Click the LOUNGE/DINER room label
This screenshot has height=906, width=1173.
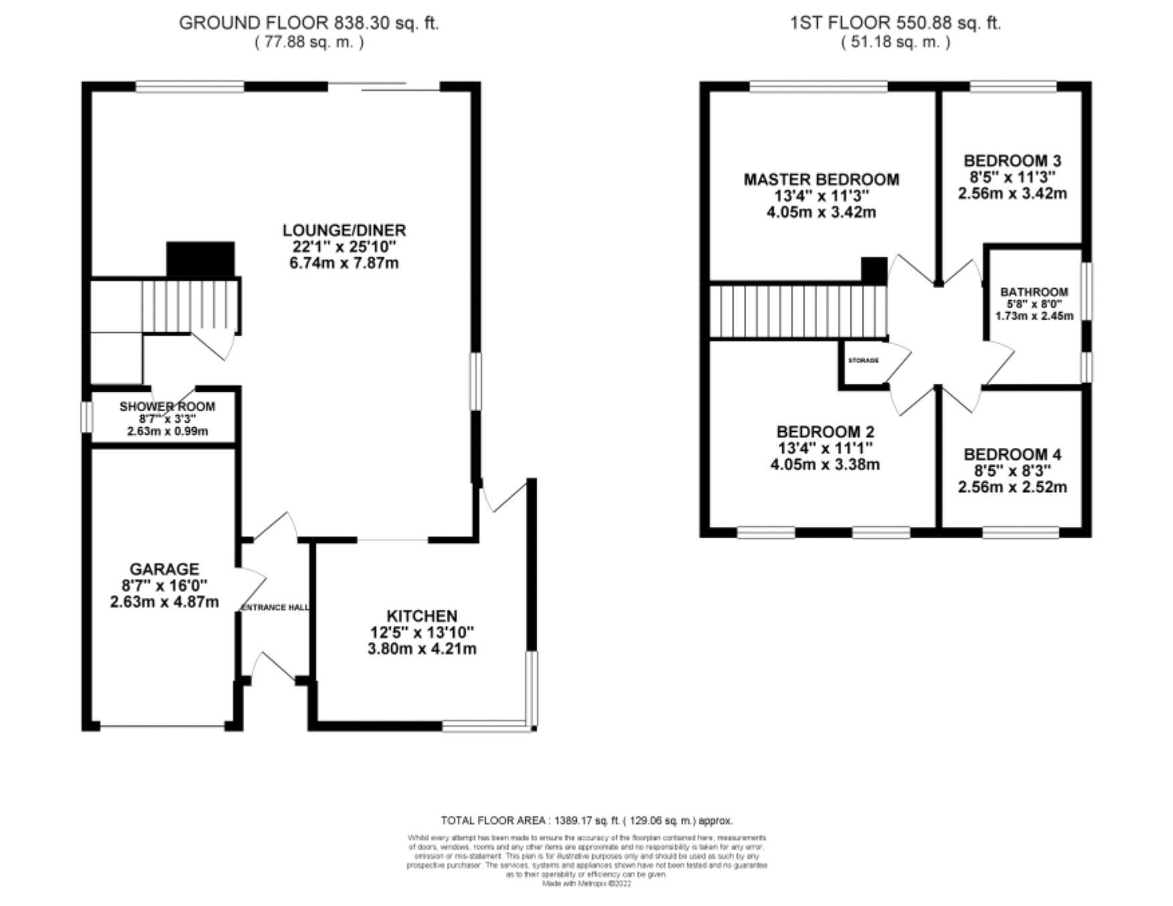pyautogui.click(x=344, y=231)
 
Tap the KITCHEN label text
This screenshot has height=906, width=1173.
pyautogui.click(x=422, y=616)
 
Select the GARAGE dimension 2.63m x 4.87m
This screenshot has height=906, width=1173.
pyautogui.click(x=164, y=602)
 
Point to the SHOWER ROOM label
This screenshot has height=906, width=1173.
pyautogui.click(x=167, y=407)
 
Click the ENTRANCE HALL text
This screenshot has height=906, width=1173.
pyautogui.click(x=275, y=607)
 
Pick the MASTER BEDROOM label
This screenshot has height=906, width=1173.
pyautogui.click(x=821, y=179)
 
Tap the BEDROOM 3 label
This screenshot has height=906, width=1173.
pyautogui.click(x=1012, y=161)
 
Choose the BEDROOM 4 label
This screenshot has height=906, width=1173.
pyautogui.click(x=1012, y=455)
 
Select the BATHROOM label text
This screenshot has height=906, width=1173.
pyautogui.click(x=1034, y=292)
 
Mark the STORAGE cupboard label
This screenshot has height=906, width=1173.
pyautogui.click(x=863, y=360)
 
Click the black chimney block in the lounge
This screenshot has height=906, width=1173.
pyautogui.click(x=200, y=259)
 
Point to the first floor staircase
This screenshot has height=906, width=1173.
pyautogui.click(x=798, y=312)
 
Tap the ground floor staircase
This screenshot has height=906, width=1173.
pyautogui.click(x=190, y=306)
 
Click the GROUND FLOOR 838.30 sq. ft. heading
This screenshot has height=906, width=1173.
pyautogui.click(x=308, y=23)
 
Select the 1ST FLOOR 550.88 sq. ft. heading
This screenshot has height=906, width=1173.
pyautogui.click(x=895, y=23)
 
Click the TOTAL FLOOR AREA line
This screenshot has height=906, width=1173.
pyautogui.click(x=586, y=820)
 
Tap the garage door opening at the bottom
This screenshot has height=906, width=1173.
pyautogui.click(x=162, y=725)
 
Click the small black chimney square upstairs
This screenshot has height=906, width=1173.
pyautogui.click(x=873, y=270)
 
